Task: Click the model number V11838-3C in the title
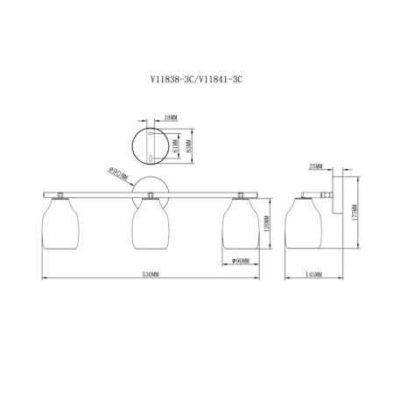[172, 79]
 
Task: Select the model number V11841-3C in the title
[221, 79]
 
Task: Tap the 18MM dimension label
[171, 118]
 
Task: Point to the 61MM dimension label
[175, 146]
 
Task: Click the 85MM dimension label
[188, 146]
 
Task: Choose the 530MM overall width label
[151, 274]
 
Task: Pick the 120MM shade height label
[266, 224]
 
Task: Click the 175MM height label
[355, 213]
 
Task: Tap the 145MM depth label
[313, 274]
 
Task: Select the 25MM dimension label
[316, 166]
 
